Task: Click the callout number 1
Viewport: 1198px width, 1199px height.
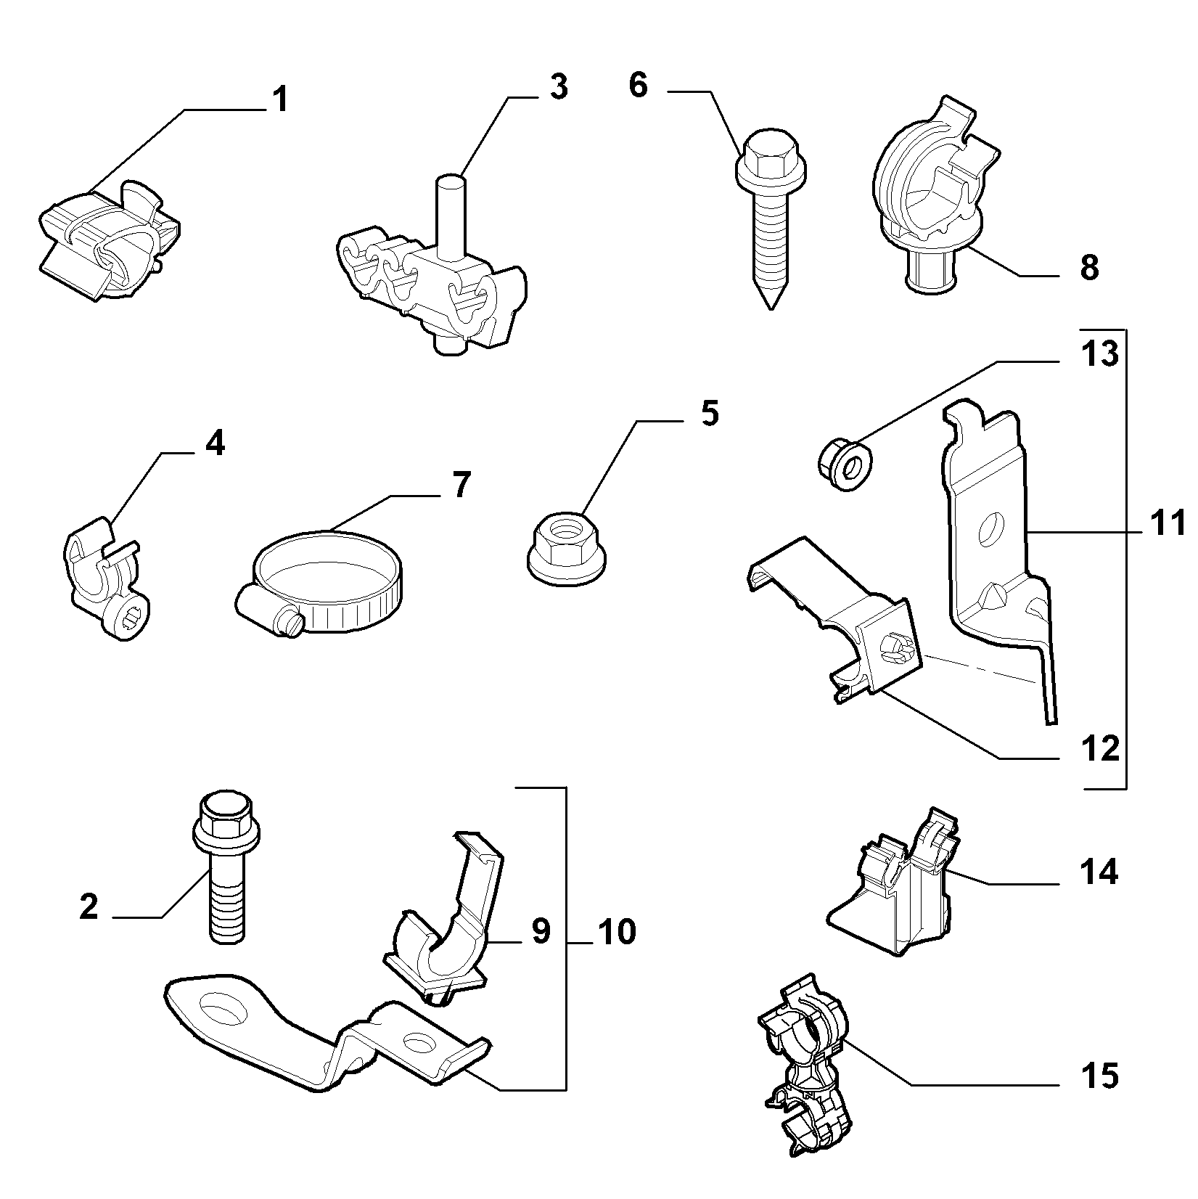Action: [280, 99]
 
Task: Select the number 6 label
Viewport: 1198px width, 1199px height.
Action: [638, 85]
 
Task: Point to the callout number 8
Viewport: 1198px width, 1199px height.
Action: [1089, 268]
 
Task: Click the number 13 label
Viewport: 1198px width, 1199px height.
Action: [1099, 354]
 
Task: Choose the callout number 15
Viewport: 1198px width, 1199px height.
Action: [1099, 1076]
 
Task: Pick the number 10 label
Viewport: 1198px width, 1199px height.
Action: [618, 932]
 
